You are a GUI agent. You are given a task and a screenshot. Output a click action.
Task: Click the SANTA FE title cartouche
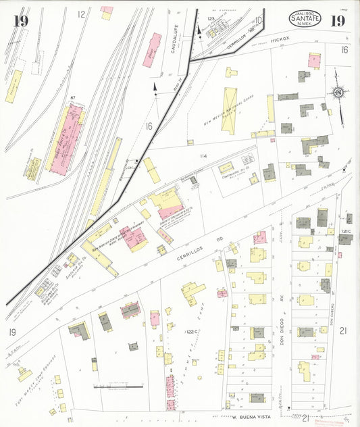coord(305,19)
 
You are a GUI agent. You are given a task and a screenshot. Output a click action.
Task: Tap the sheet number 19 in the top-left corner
coord(20,21)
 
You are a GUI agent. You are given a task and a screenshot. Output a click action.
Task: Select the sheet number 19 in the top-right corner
coord(338,20)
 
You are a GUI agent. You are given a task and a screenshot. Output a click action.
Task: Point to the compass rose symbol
coord(337,93)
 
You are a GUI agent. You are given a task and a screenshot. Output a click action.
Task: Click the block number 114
coord(201,157)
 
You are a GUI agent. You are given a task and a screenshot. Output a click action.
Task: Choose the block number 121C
coord(346,232)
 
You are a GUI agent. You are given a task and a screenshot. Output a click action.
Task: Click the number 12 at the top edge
coord(82,14)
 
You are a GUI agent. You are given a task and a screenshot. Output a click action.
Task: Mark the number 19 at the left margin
coord(12,332)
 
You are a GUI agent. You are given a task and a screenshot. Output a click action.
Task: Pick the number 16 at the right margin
coord(344,49)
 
